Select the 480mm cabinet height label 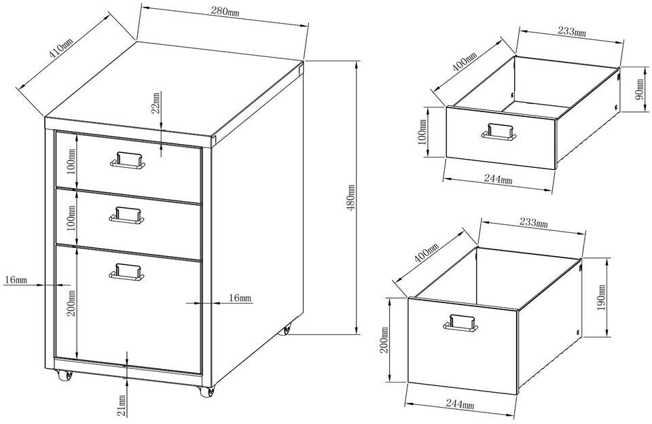tap(350, 198)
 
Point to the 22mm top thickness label tap(156, 103)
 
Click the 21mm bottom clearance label tap(122, 406)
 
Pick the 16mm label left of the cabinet tap(16, 280)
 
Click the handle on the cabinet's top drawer tap(127, 160)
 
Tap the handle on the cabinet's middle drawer tap(127, 215)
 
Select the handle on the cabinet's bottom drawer tap(127, 272)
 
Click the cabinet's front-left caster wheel tap(65, 376)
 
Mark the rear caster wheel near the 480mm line tap(287, 330)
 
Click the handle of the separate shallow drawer tap(499, 132)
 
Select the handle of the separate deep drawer tap(460, 323)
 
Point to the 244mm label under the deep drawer tap(460, 404)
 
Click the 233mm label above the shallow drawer tap(571, 31)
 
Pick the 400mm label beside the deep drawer tap(427, 253)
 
